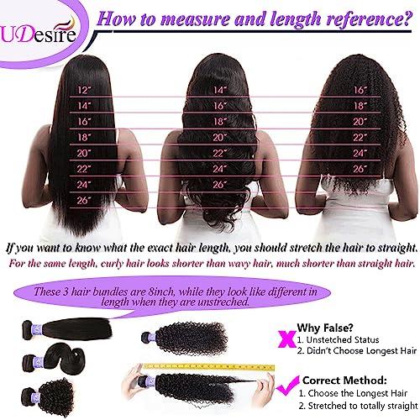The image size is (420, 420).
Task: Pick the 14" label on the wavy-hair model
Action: pyautogui.click(x=220, y=89)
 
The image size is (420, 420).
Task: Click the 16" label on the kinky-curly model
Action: pyautogui.click(x=361, y=89)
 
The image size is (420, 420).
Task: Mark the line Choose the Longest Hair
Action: pyautogui.click(x=353, y=393)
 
